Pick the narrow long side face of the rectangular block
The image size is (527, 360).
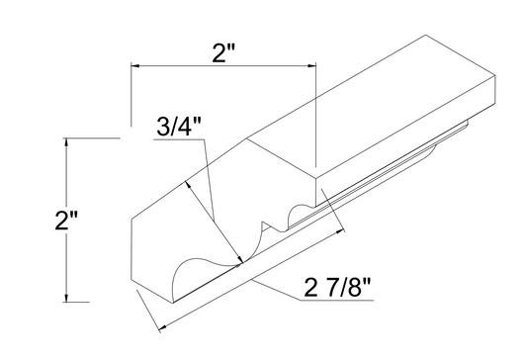coord(415,138)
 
